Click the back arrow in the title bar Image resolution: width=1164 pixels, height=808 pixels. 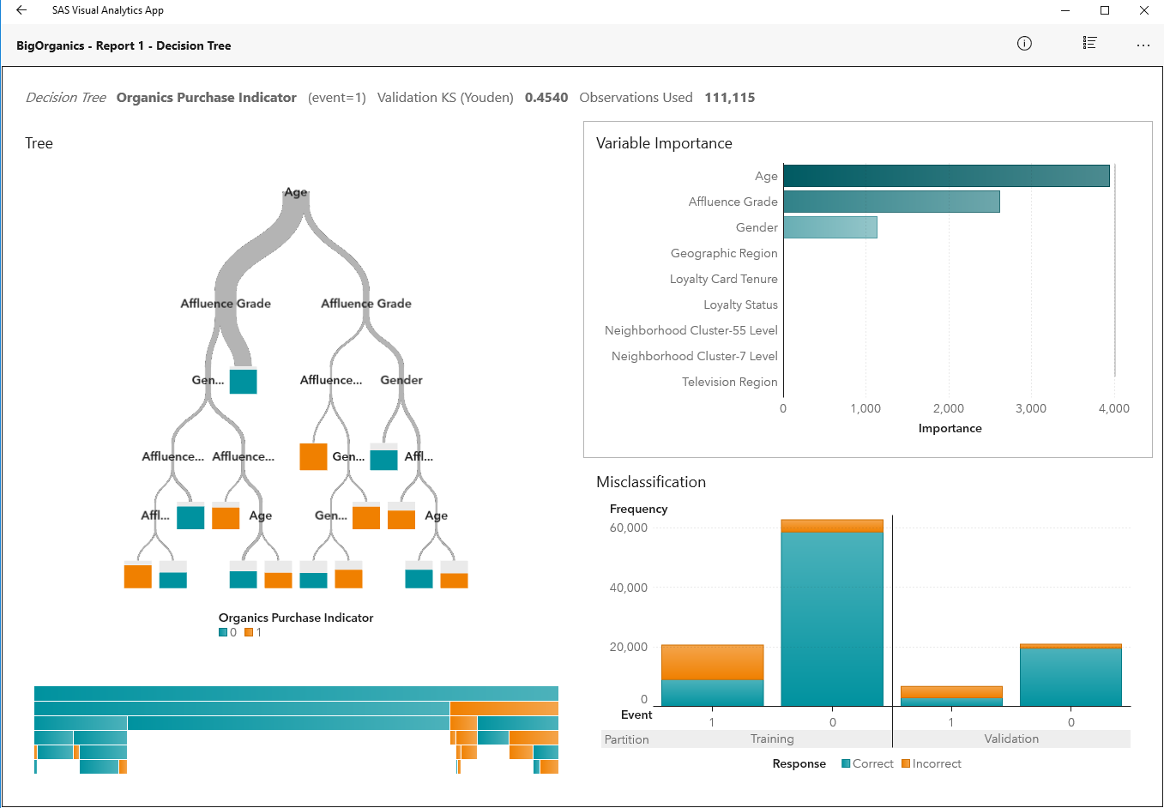tap(21, 10)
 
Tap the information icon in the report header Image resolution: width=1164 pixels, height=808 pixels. tap(1024, 44)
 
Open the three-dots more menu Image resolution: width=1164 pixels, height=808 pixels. tap(1143, 45)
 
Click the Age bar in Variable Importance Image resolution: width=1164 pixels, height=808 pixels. tap(946, 176)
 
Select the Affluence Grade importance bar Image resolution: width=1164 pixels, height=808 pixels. tap(891, 202)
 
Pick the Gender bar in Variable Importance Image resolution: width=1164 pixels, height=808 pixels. tap(829, 227)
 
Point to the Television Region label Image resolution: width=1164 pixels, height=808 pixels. tap(729, 382)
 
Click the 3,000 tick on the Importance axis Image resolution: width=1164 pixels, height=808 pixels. tap(1030, 408)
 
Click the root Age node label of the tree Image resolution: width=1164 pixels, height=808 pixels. tap(296, 192)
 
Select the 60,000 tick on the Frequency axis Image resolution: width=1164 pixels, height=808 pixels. tap(628, 528)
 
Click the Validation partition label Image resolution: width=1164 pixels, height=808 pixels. tap(1011, 739)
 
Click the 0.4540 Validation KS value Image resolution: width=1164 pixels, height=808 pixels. tap(546, 98)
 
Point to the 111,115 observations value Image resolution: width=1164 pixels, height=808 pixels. tap(729, 98)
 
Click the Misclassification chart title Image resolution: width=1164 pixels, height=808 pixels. tap(651, 482)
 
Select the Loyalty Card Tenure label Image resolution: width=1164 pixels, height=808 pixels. tap(723, 279)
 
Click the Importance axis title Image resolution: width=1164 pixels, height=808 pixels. tap(950, 428)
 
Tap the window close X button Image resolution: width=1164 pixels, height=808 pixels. tap(1143, 10)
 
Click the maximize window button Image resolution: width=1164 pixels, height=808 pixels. tap(1105, 10)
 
